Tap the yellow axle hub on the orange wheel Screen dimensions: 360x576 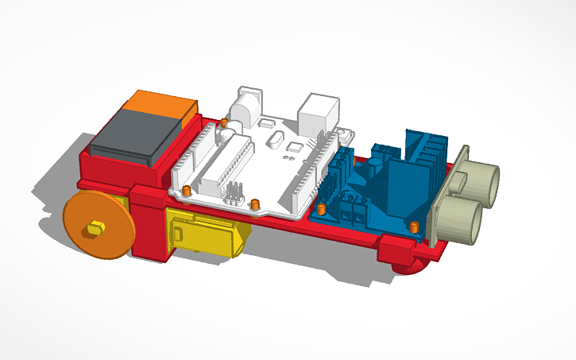[x=95, y=229]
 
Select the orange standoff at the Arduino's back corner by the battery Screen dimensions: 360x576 [x=225, y=123]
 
